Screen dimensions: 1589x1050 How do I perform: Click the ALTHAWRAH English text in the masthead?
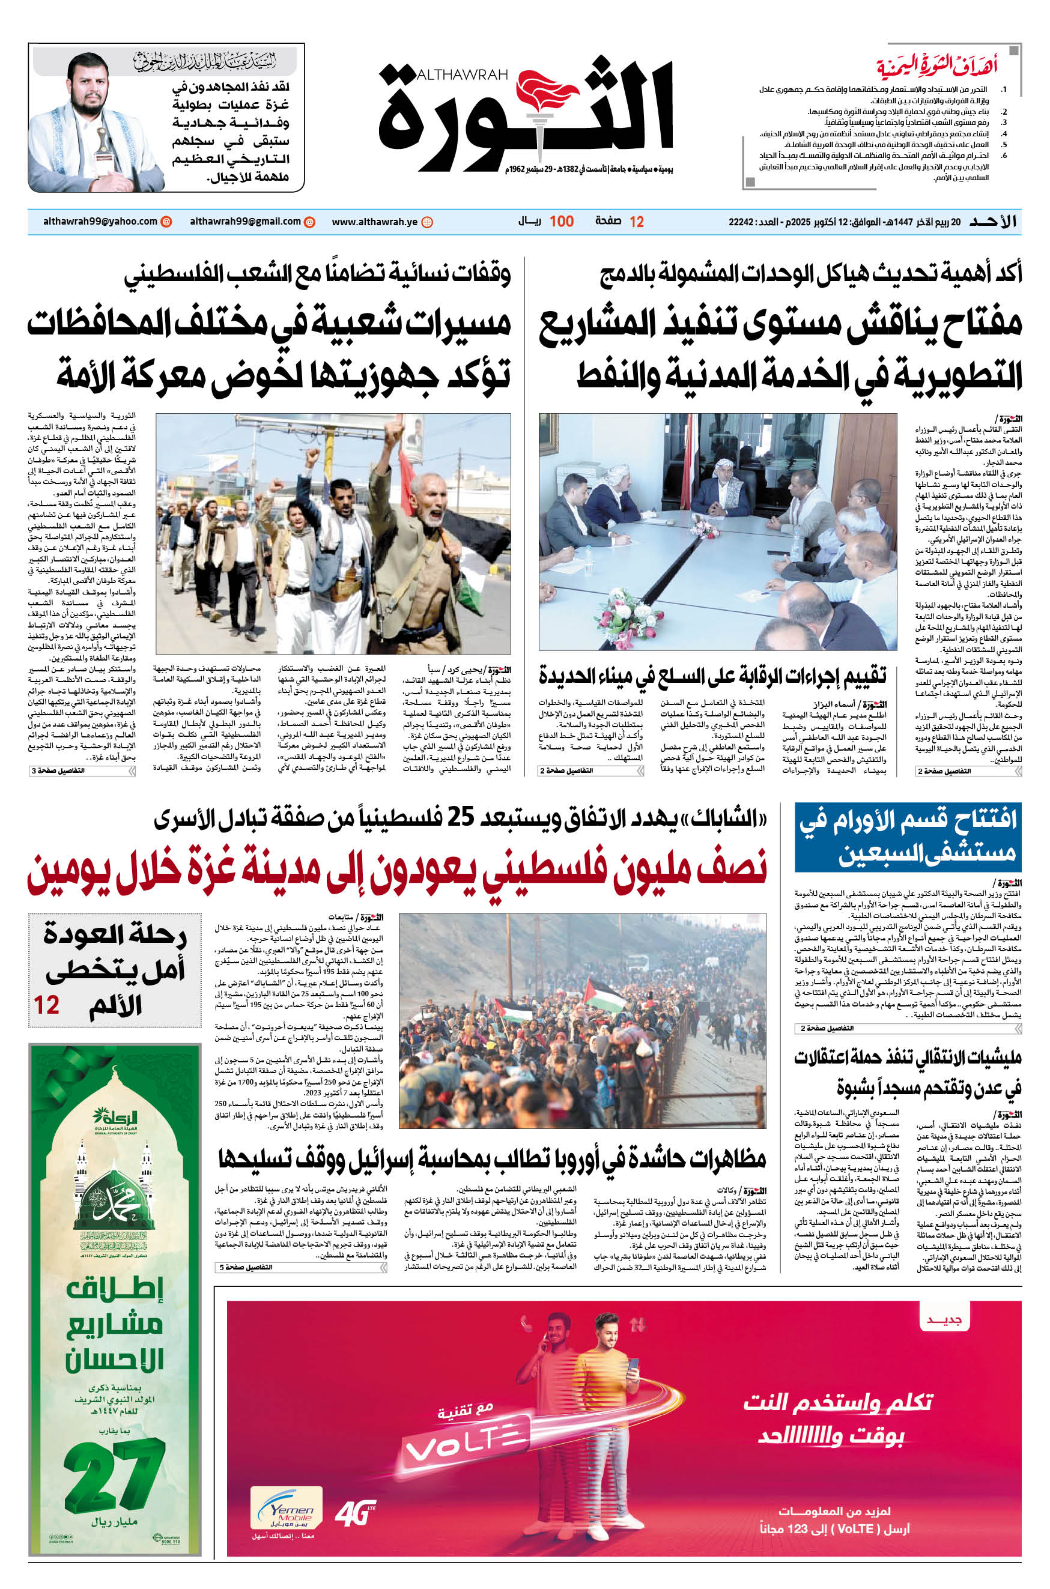coord(462,75)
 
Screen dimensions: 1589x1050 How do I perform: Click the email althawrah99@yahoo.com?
coord(100,222)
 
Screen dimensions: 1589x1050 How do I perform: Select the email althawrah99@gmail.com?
coord(245,222)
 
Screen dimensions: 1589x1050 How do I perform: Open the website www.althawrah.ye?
coord(374,222)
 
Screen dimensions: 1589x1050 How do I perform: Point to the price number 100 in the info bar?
coord(561,222)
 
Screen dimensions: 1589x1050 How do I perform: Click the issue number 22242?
coord(741,222)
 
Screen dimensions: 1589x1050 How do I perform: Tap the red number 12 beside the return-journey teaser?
coord(47,1005)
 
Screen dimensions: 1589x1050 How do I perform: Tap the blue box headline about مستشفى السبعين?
coord(908,835)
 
